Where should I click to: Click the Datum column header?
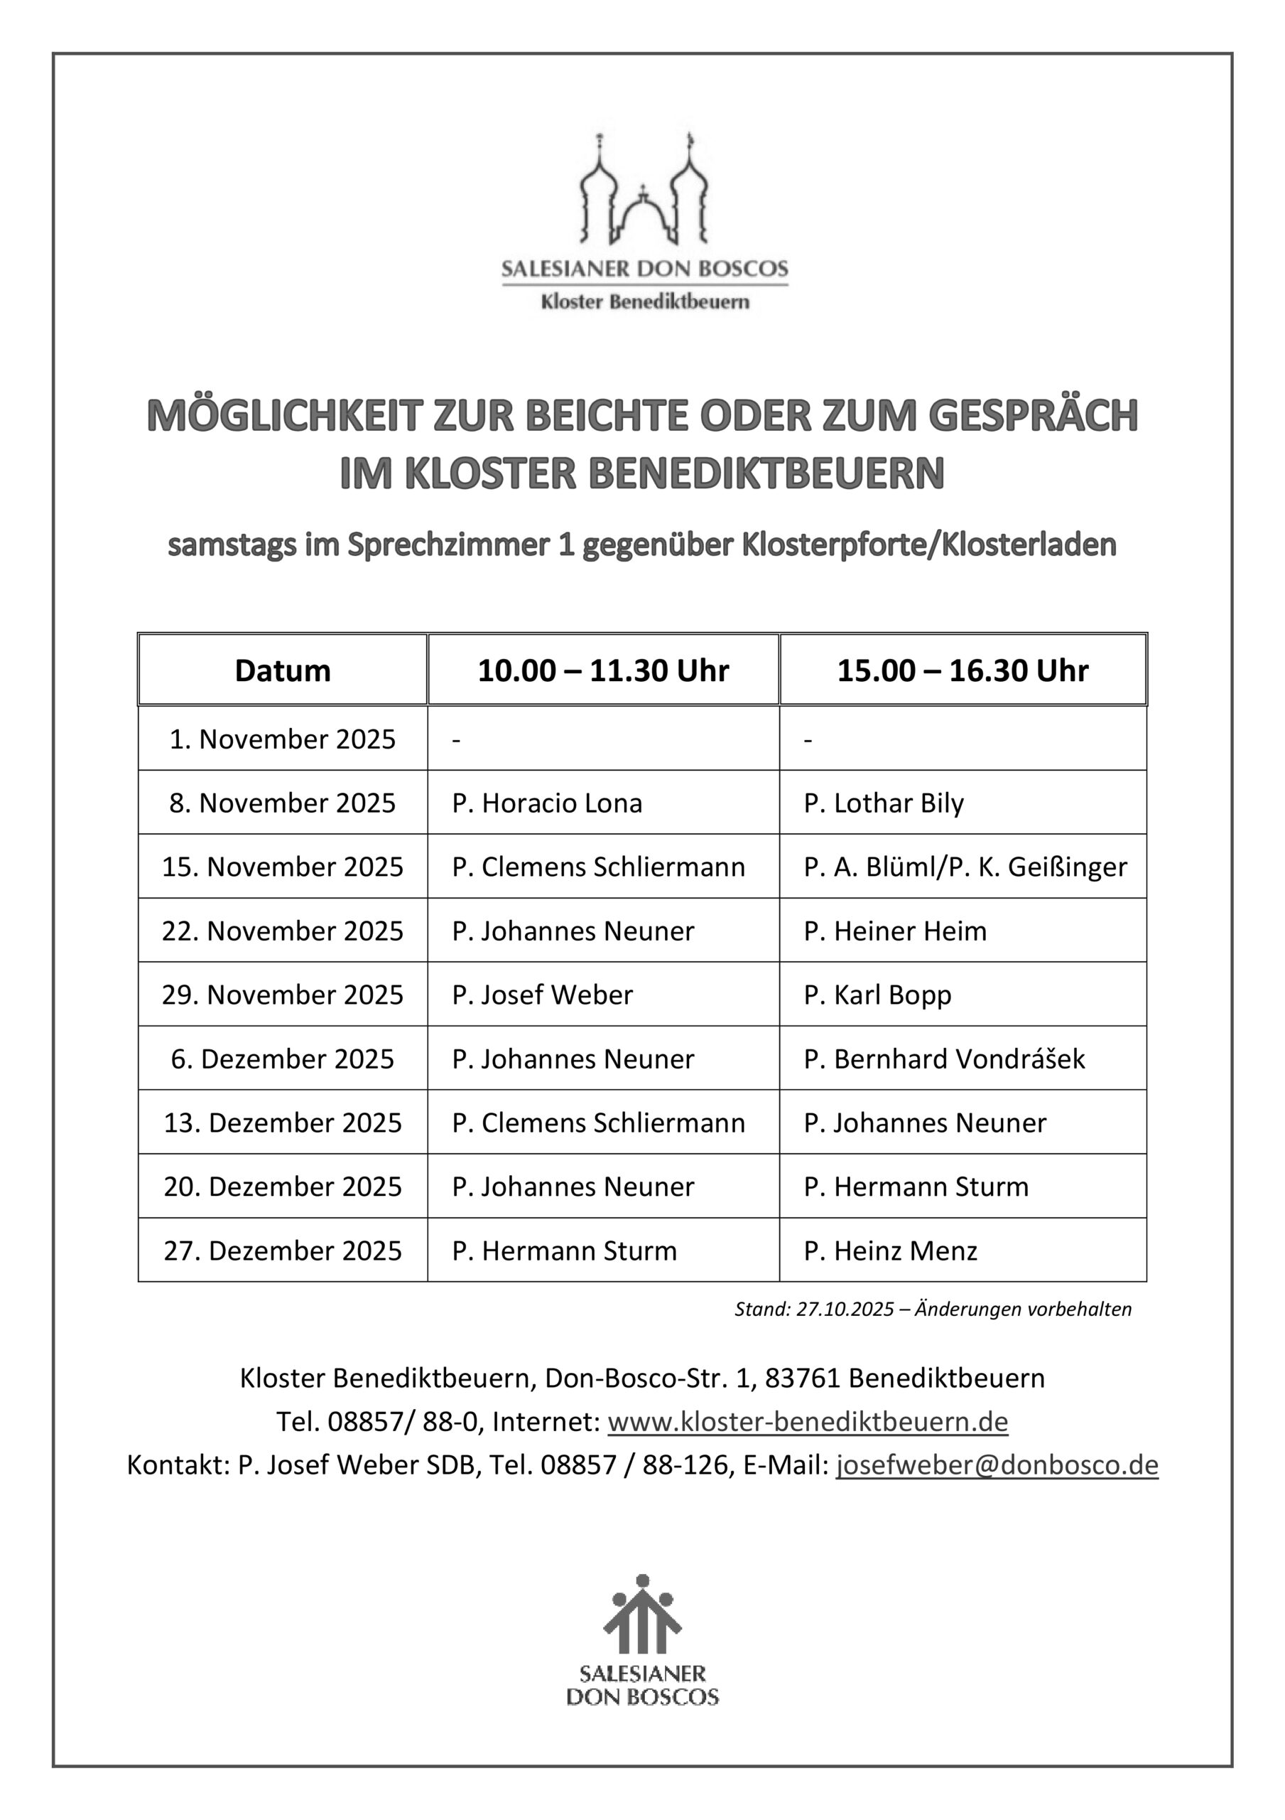pos(282,670)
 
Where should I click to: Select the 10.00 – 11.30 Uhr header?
pos(603,670)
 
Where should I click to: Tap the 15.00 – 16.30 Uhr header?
pos(963,670)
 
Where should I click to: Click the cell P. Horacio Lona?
pos(547,803)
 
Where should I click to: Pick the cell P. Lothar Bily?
pos(884,803)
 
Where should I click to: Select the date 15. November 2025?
pos(282,867)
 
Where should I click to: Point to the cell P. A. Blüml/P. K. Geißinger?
pos(965,867)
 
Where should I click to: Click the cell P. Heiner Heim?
pos(895,931)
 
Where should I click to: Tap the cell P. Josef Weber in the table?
pos(542,995)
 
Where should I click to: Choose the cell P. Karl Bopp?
pos(877,995)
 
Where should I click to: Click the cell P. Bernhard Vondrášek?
pos(943,1059)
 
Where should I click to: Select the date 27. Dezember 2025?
pos(282,1250)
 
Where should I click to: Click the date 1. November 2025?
pos(282,739)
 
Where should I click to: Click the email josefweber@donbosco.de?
pos(997,1465)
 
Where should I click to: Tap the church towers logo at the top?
pos(644,191)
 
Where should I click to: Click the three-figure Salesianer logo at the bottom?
pos(641,1617)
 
